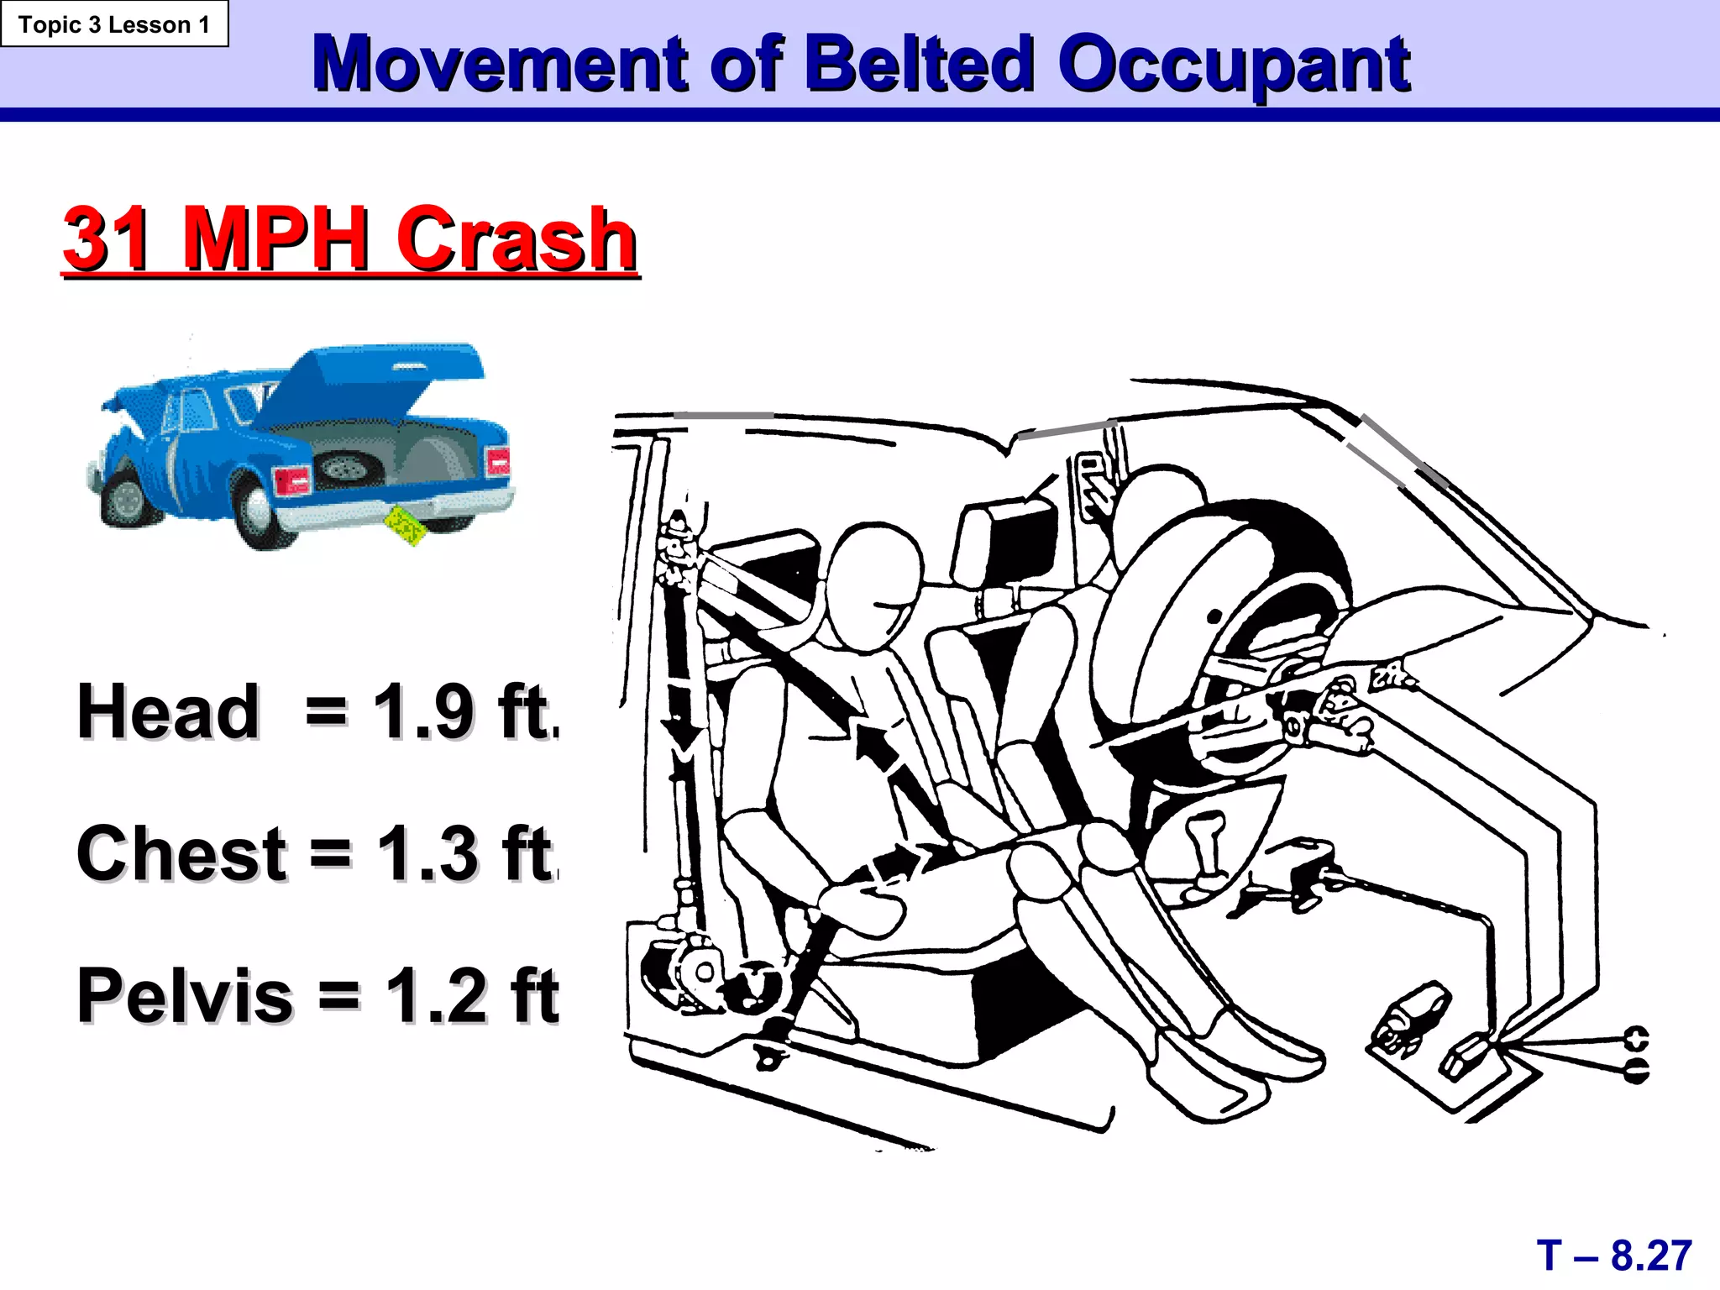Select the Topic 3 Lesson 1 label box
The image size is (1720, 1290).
tap(114, 24)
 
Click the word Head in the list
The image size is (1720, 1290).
tap(168, 712)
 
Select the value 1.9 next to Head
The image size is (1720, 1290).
tap(423, 712)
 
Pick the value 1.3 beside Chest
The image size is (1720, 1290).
tap(427, 853)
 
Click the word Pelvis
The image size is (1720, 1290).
tap(185, 995)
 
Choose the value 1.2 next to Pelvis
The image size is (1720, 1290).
tap(436, 995)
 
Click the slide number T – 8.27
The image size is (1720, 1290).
tap(1613, 1256)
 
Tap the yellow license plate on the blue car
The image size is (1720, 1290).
tap(406, 526)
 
